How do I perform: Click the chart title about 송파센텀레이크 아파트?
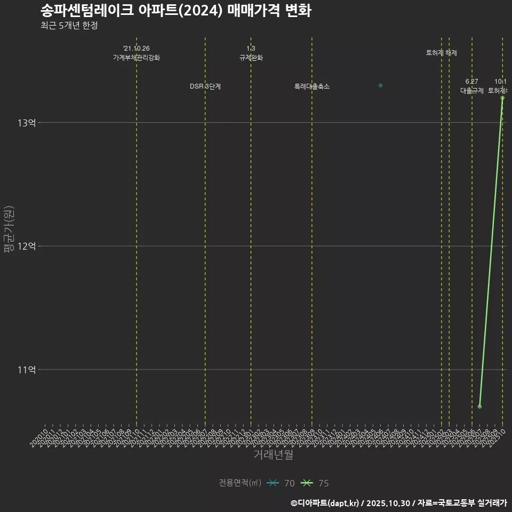pyautogui.click(x=175, y=11)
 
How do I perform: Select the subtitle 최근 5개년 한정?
pyautogui.click(x=69, y=26)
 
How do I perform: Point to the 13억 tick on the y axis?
pyautogui.click(x=27, y=123)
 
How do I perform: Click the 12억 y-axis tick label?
pyautogui.click(x=27, y=246)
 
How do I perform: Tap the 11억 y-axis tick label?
pyautogui.click(x=27, y=370)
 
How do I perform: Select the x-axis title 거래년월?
pyautogui.click(x=273, y=455)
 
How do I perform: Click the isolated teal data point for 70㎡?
pyautogui.click(x=380, y=85)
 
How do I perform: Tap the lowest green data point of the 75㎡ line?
pyautogui.click(x=480, y=406)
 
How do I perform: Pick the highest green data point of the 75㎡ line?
pyautogui.click(x=502, y=98)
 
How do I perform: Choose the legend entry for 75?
pyautogui.click(x=315, y=483)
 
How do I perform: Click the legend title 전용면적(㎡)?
pyautogui.click(x=240, y=483)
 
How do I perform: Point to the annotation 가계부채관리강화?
pyautogui.click(x=137, y=58)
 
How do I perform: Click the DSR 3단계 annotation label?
pyautogui.click(x=205, y=86)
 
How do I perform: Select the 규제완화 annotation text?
pyautogui.click(x=251, y=58)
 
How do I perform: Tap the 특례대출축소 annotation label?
pyautogui.click(x=312, y=86)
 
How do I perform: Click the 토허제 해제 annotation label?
pyautogui.click(x=442, y=53)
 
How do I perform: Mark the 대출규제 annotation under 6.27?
pyautogui.click(x=472, y=91)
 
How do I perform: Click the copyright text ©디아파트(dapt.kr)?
pyautogui.click(x=325, y=503)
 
